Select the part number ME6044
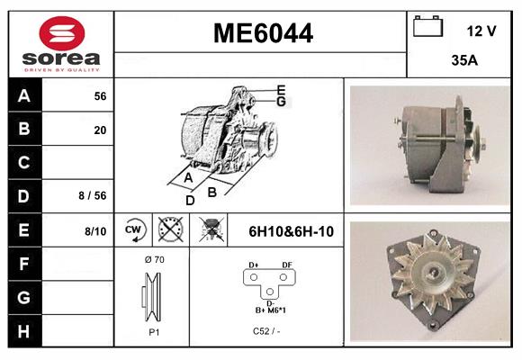[x=262, y=34]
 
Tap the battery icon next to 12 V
[x=428, y=28]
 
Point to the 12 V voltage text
[x=481, y=31]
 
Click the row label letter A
[x=24, y=96]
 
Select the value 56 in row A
[x=99, y=96]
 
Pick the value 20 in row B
[x=99, y=130]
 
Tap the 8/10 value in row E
[x=94, y=231]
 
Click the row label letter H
[x=24, y=330]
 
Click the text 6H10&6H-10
[x=291, y=231]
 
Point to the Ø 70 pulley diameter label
[x=153, y=260]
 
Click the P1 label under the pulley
[x=153, y=331]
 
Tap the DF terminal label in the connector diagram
[x=286, y=265]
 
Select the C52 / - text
[x=266, y=331]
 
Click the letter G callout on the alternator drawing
[x=281, y=102]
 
